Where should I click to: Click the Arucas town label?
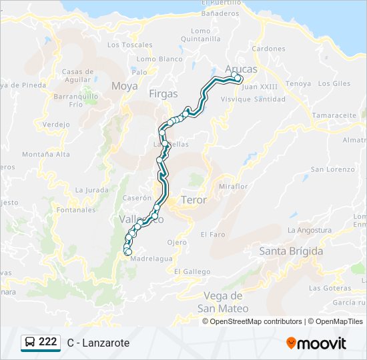241,69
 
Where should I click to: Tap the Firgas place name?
163,93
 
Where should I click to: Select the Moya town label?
125,86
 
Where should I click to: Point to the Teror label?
194,200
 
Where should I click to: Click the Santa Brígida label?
291,251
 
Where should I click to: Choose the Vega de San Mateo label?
223,302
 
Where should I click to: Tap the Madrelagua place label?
152,259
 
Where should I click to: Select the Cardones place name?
269,49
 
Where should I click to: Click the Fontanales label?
76,209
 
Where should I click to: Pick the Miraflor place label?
233,186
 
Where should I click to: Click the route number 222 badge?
47,342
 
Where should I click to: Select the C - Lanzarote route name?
98,343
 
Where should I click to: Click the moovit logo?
316,343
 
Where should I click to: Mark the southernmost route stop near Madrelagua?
128,252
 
